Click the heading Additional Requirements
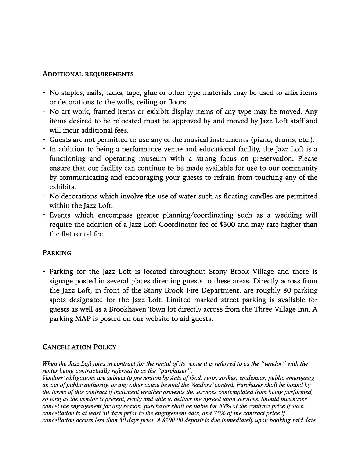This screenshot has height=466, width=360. click(x=88, y=74)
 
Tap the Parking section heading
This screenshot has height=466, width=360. click(x=57, y=253)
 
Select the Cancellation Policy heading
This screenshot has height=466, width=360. click(x=79, y=347)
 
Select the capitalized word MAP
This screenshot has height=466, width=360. click(x=83, y=319)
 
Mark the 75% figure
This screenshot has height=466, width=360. click(x=219, y=413)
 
